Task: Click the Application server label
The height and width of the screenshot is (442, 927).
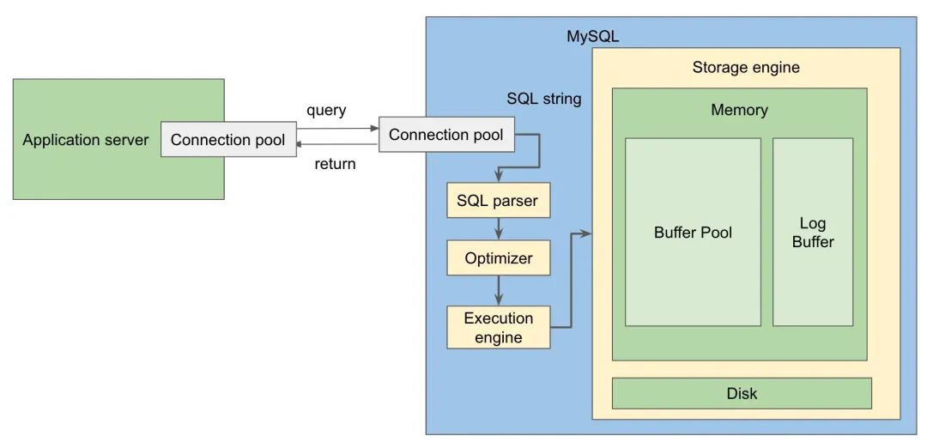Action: pyautogui.click(x=86, y=140)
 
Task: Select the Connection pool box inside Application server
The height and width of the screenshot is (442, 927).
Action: pyautogui.click(x=227, y=140)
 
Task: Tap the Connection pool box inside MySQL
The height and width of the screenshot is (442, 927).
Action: pyautogui.click(x=446, y=135)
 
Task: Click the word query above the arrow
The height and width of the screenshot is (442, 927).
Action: pyautogui.click(x=326, y=110)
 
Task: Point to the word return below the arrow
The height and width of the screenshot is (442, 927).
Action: pyautogui.click(x=335, y=164)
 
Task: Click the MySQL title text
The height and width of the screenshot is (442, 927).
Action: pyautogui.click(x=592, y=37)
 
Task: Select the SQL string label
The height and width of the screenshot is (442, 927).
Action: pyautogui.click(x=543, y=99)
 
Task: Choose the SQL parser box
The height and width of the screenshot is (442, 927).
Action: pyautogui.click(x=498, y=201)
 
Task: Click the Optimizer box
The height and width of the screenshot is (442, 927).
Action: pyautogui.click(x=498, y=257)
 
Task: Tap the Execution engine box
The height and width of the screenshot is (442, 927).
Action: pyautogui.click(x=498, y=327)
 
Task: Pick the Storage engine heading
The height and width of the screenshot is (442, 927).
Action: pyautogui.click(x=745, y=67)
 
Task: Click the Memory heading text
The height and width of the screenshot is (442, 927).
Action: pyautogui.click(x=739, y=110)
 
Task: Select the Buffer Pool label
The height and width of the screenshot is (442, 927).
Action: pyautogui.click(x=693, y=232)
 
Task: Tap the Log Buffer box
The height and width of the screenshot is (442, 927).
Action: pyautogui.click(x=812, y=232)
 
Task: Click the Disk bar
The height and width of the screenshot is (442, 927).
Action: pyautogui.click(x=742, y=393)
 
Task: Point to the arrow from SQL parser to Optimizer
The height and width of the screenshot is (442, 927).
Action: pyautogui.click(x=499, y=229)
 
